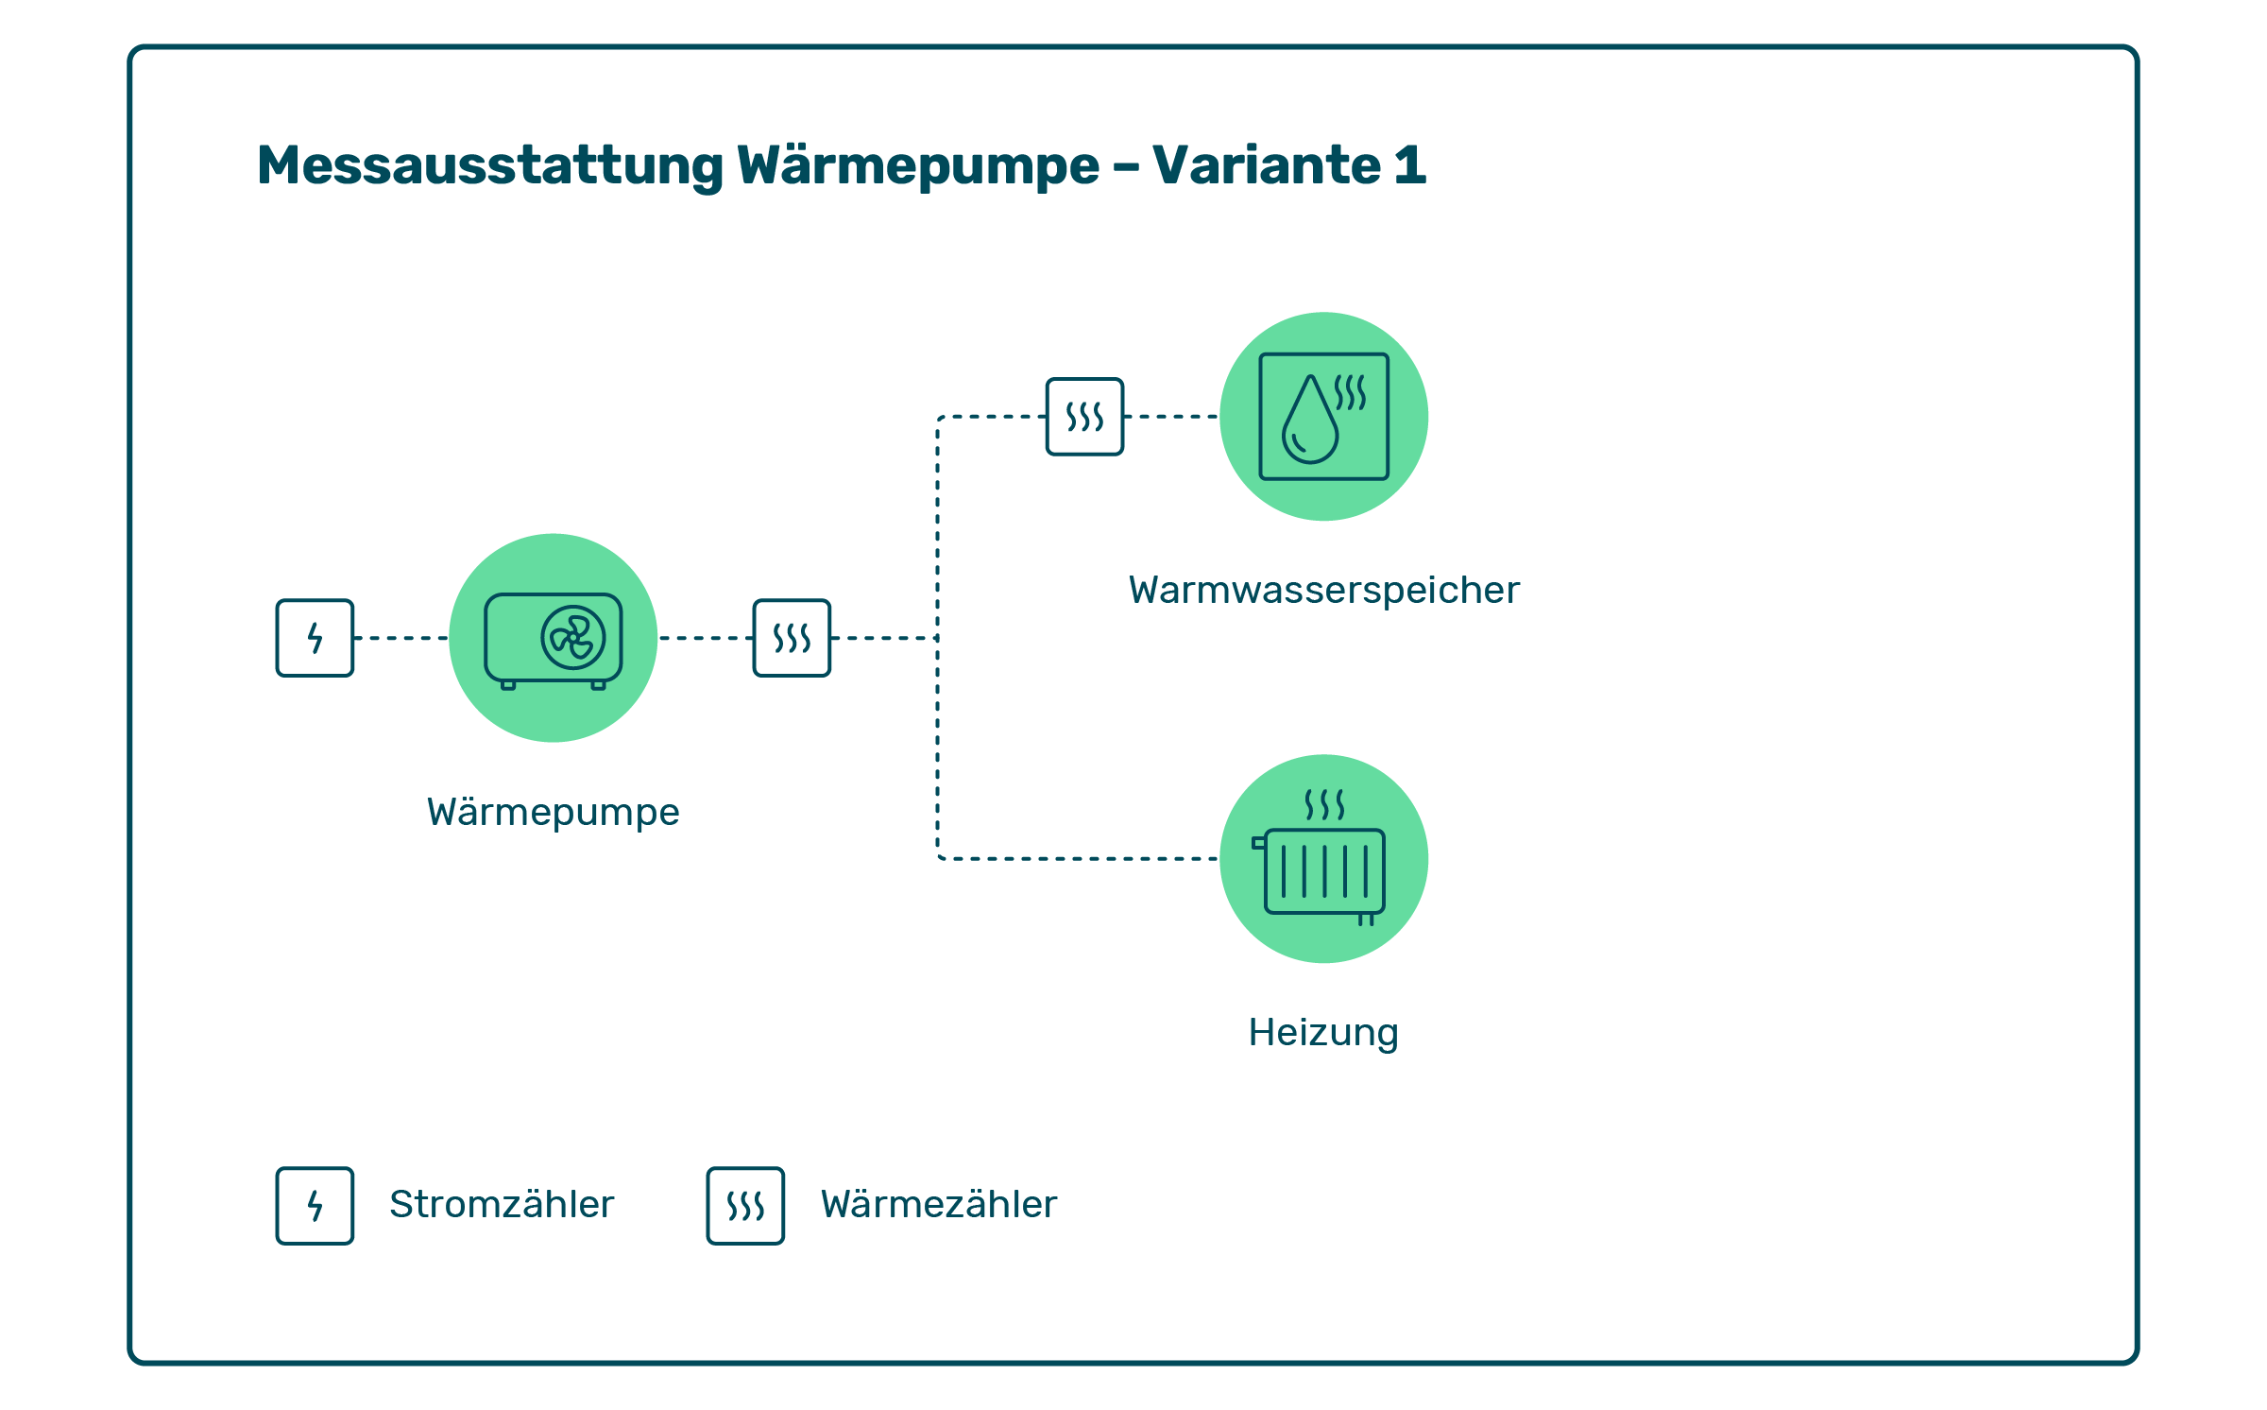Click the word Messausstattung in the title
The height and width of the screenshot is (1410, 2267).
tap(489, 166)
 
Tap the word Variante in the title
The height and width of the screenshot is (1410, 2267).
tap(1267, 165)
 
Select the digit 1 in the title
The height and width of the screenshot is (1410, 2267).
tap(1409, 165)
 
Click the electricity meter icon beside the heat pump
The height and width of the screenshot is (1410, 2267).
tap(315, 638)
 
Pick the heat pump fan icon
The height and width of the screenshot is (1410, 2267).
tap(572, 638)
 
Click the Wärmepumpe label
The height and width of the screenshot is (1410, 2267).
tap(553, 813)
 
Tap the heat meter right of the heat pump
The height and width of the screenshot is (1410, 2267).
tap(792, 638)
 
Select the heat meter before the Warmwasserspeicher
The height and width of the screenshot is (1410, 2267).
tap(1084, 417)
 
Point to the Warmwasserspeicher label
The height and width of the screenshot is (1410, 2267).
tap(1323, 591)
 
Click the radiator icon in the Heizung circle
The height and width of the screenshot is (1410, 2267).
tap(1323, 871)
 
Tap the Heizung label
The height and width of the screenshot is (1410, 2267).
tap(1322, 1033)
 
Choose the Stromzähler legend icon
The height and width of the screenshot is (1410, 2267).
tap(315, 1206)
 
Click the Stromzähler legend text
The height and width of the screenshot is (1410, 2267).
tap(502, 1205)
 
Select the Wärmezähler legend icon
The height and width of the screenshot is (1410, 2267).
tap(745, 1206)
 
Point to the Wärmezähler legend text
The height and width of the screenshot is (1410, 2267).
tap(938, 1205)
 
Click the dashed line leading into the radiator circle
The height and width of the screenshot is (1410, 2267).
tap(1077, 859)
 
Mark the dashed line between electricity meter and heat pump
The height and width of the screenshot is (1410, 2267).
tap(401, 638)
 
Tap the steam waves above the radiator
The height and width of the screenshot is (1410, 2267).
tap(1323, 805)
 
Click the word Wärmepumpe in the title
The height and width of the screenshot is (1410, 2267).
tap(917, 166)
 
